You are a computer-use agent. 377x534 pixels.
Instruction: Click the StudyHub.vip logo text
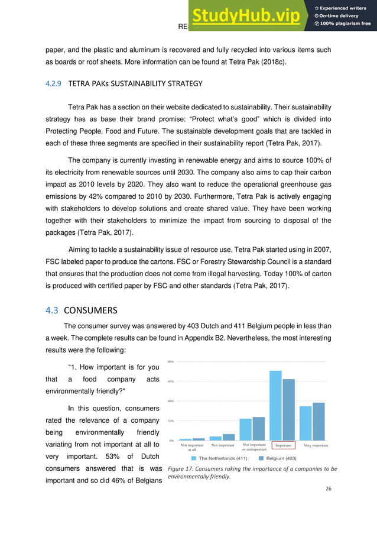[x=248, y=15]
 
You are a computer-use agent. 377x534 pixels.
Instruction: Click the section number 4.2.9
[x=54, y=84]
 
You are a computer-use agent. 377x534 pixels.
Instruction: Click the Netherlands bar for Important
[x=275, y=406]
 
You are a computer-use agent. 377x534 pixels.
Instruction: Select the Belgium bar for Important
[x=288, y=410]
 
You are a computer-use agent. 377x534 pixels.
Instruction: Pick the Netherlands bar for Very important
[x=305, y=423]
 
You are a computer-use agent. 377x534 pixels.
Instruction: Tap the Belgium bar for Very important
[x=318, y=422]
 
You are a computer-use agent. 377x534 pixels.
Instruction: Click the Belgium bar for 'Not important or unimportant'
[x=258, y=429]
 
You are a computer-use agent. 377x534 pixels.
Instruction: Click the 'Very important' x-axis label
[x=316, y=445]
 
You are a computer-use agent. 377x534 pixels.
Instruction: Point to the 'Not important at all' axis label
[x=192, y=446]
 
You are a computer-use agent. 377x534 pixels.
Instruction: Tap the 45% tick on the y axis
[x=170, y=381]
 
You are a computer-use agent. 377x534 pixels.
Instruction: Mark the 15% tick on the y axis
[x=170, y=421]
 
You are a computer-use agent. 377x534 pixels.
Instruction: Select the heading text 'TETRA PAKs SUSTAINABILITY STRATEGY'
[x=135, y=84]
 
